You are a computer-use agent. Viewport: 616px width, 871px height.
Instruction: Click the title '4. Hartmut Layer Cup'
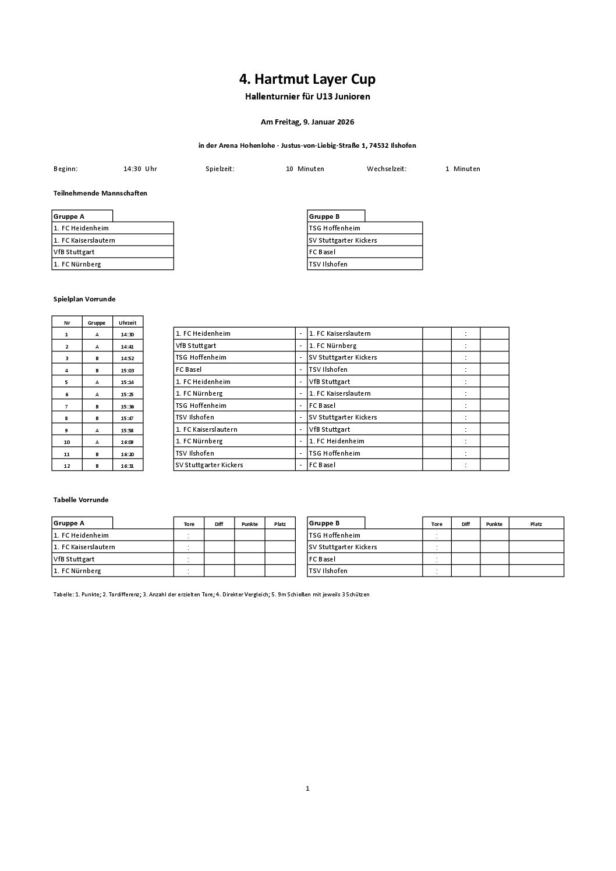307,79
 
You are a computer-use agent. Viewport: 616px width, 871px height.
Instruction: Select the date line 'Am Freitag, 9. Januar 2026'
307,122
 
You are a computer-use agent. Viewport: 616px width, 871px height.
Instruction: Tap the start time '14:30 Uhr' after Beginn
140,169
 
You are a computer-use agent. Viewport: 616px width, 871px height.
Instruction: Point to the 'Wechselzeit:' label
387,169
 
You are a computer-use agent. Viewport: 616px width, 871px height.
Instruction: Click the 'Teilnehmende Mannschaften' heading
100,193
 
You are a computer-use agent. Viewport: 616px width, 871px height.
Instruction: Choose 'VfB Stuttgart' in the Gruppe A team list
74,252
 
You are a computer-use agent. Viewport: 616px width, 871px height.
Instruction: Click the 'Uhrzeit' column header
128,322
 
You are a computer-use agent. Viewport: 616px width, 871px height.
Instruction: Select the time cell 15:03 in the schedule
128,370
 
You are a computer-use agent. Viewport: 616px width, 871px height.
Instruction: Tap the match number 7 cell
67,406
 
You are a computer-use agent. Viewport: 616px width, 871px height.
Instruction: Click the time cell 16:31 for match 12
128,466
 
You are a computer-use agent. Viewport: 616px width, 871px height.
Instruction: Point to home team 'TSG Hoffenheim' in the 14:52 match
201,357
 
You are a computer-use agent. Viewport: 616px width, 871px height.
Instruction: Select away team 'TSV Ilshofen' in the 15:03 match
328,369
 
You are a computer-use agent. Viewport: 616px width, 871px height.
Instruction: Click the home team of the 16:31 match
209,465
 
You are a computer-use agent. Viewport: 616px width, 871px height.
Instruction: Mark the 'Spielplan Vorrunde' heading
84,299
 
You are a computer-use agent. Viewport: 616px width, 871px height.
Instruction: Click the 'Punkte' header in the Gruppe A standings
250,524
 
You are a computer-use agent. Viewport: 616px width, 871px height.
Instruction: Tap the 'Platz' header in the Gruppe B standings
536,524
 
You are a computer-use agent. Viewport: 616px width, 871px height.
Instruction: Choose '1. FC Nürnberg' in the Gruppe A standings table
77,571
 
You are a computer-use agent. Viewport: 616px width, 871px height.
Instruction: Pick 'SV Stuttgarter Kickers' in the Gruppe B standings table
343,547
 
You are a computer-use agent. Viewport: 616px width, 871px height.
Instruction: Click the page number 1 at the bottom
307,788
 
